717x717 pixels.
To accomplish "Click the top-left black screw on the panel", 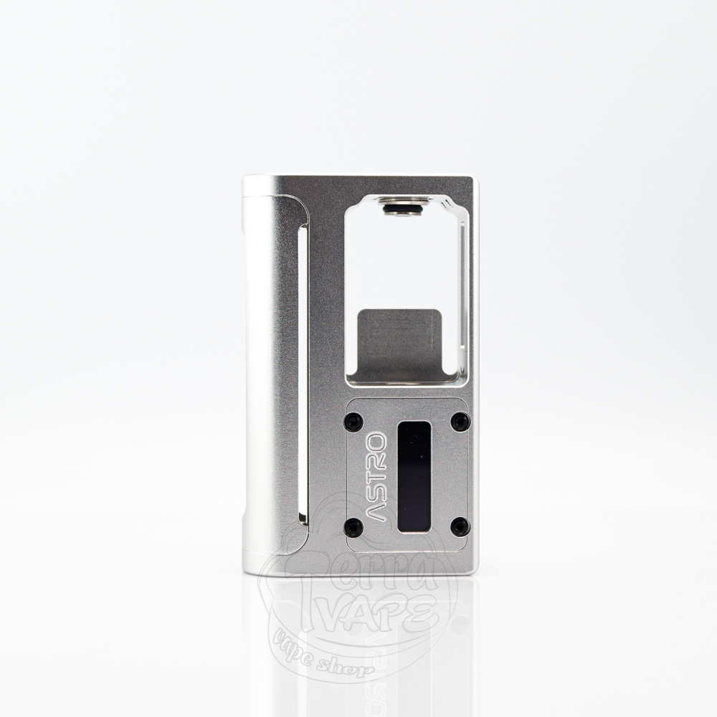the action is coord(353,422).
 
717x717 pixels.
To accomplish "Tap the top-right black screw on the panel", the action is coord(460,421).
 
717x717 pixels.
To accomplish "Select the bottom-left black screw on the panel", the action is coord(353,527).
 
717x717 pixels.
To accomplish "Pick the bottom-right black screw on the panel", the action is coord(460,527).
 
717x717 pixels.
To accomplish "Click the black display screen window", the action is coord(414,476).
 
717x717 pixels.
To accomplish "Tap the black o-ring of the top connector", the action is coord(405,209).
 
